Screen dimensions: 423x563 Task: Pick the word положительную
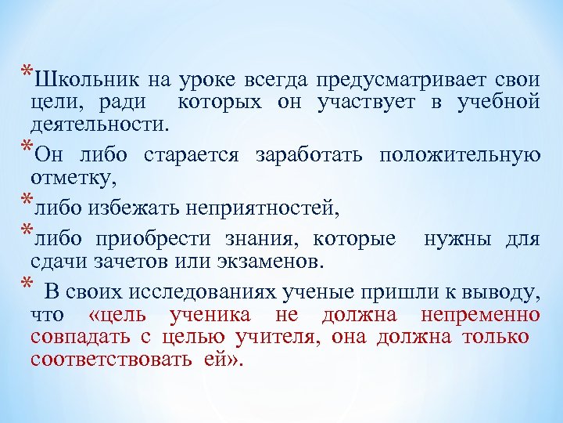(x=459, y=154)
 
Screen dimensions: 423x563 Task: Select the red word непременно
(x=480, y=316)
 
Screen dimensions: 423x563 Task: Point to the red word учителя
(x=281, y=338)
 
